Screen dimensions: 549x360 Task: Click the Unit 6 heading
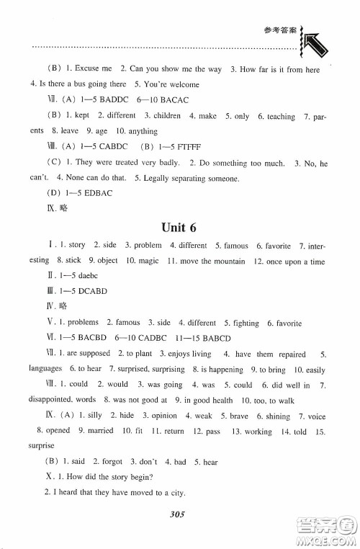click(x=179, y=228)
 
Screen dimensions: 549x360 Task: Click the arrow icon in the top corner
click(x=315, y=49)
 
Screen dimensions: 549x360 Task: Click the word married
click(x=99, y=431)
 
